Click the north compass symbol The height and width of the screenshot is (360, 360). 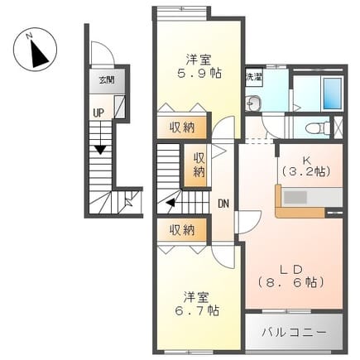35,50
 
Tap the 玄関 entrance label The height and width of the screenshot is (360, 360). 107,80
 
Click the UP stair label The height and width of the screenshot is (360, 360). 98,113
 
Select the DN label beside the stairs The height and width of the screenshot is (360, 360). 223,204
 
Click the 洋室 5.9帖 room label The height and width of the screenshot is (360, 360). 199,66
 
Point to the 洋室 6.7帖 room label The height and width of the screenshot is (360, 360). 197,304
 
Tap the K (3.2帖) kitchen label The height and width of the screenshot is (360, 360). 305,166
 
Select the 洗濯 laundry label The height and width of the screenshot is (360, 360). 254,77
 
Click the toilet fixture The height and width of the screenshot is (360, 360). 318,127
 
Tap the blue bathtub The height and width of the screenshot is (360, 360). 333,94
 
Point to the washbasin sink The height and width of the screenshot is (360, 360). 252,103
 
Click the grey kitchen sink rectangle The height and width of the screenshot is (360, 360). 295,198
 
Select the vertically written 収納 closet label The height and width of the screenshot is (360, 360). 199,165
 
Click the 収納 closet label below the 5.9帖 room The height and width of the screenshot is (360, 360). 182,127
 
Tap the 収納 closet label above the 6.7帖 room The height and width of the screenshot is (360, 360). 182,230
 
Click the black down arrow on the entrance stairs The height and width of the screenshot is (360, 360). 100,150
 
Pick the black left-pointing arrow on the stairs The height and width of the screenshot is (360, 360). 170,203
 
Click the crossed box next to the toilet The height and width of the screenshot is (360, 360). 338,127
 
